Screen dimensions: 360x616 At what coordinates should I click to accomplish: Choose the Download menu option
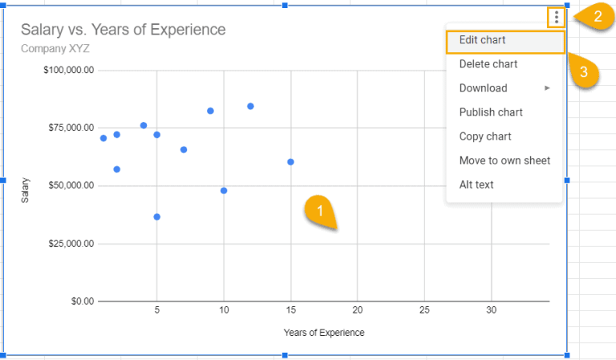pos(483,88)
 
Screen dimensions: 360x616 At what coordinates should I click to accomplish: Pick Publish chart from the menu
pos(491,112)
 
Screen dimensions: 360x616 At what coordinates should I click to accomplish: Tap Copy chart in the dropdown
pos(485,136)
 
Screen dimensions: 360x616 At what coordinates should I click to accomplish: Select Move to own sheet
pos(505,160)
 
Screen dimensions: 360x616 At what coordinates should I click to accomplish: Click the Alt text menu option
pos(476,184)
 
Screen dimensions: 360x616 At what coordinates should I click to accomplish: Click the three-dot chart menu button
pos(557,17)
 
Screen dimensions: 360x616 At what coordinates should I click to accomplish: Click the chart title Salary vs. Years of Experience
pos(123,30)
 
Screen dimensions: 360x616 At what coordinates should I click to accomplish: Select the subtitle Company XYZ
pos(55,48)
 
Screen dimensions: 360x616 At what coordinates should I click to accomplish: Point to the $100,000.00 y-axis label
pos(69,71)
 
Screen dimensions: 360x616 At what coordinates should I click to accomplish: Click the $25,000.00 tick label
pos(71,244)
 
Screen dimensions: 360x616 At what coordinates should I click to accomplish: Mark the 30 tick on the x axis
pos(492,310)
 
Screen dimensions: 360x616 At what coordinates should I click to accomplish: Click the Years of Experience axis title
pos(323,332)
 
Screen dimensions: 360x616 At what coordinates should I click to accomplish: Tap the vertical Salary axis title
pos(26,189)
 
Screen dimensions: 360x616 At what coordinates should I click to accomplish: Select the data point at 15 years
pos(290,162)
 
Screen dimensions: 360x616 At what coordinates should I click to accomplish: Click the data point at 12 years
pos(250,106)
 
